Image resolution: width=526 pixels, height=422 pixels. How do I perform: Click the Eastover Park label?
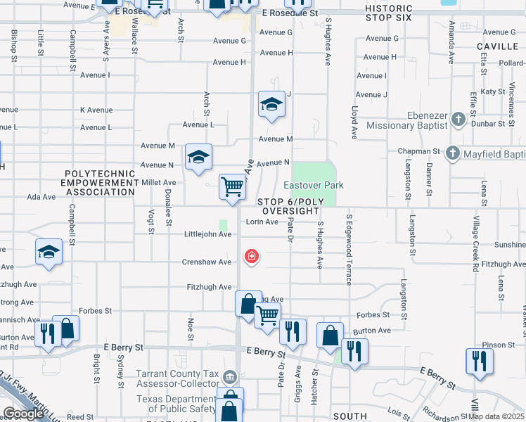pos(314,185)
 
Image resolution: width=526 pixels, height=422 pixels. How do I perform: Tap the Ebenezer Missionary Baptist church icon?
pos(458,118)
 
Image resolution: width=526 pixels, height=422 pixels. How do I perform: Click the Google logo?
pos(23,414)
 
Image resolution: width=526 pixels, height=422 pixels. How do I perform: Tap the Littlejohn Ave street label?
pos(207,234)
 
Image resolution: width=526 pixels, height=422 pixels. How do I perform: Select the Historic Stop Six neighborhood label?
pos(383,12)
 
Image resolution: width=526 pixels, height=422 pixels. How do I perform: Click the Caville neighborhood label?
pos(497,46)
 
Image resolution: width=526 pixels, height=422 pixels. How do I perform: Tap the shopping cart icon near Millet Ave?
pos(232,186)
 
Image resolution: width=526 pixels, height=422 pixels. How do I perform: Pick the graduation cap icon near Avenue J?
pos(271,104)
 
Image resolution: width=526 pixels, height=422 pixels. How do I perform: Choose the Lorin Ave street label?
pos(262,222)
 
